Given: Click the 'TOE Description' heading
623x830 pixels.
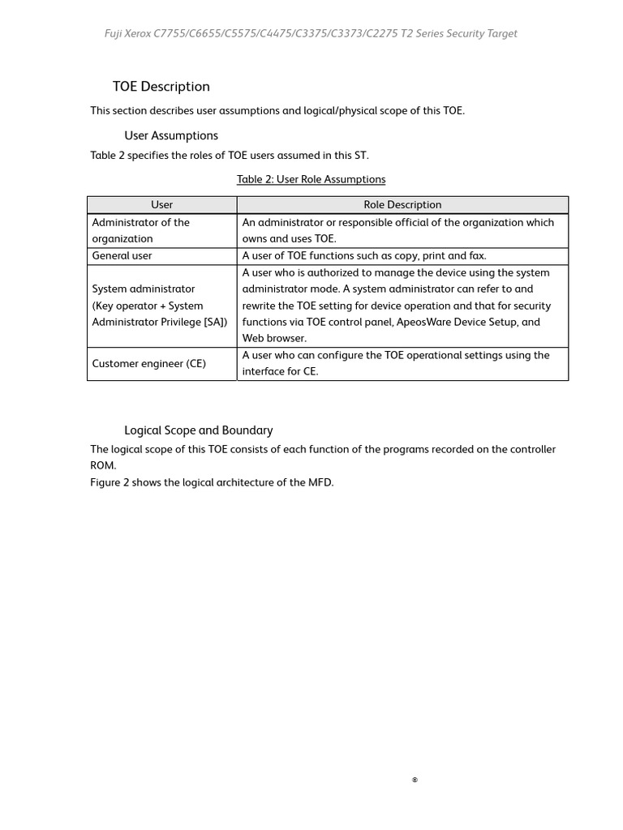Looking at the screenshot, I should point(161,87).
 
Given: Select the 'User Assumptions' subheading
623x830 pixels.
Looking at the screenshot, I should point(170,135).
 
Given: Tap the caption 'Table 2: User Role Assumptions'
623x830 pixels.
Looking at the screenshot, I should point(311,179).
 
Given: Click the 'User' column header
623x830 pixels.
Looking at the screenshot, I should point(161,205).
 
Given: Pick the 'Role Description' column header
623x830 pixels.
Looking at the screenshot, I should point(402,205).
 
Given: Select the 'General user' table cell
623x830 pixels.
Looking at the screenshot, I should point(122,255).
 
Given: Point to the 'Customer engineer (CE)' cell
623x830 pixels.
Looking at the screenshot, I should point(148,363).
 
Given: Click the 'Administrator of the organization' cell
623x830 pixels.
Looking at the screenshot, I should point(140,230).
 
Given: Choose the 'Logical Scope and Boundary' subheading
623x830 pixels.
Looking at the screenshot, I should point(198,430).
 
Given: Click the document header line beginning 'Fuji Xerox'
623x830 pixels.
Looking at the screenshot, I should point(311,33).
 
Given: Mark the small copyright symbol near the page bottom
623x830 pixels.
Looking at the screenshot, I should point(415,780).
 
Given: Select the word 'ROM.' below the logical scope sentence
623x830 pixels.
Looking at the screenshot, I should point(103,466).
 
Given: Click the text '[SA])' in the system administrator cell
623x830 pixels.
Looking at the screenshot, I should point(216,322).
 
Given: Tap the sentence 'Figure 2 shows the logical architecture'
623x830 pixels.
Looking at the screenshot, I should point(212,482).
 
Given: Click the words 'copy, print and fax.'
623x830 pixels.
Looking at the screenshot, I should point(441,255).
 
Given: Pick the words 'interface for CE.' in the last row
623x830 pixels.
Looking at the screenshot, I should point(280,371).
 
